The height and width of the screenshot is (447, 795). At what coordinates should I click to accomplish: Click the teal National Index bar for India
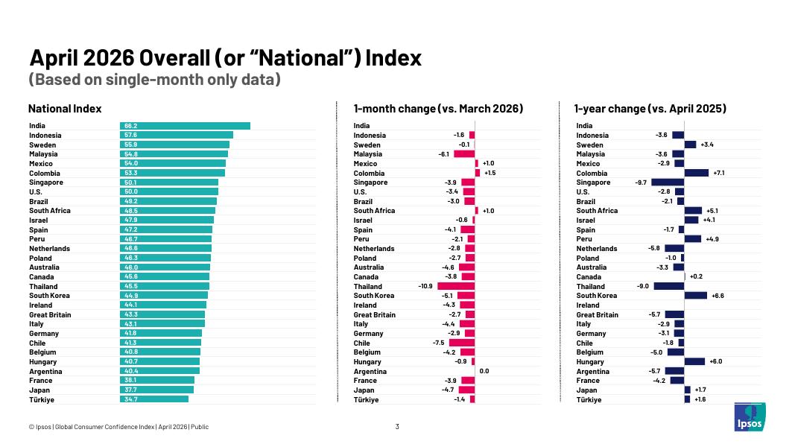pyautogui.click(x=185, y=126)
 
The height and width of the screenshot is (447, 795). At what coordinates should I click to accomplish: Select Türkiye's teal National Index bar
pyautogui.click(x=154, y=399)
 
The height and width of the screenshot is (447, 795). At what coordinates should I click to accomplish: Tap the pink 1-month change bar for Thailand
pyautogui.click(x=456, y=286)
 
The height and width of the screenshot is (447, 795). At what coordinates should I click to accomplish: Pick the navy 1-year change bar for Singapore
pyautogui.click(x=668, y=183)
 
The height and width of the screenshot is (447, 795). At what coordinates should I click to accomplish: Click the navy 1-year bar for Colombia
pyautogui.click(x=697, y=173)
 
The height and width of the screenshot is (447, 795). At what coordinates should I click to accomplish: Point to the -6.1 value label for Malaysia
pyautogui.click(x=443, y=154)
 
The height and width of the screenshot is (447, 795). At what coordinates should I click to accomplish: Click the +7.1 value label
pyautogui.click(x=719, y=173)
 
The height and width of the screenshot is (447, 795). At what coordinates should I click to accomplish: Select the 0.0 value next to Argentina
pyautogui.click(x=484, y=371)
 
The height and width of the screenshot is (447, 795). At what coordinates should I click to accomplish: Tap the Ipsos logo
pyautogui.click(x=750, y=417)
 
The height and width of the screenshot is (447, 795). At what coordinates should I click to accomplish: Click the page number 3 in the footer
pyautogui.click(x=397, y=427)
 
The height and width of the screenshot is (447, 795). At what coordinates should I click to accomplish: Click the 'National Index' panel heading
pyautogui.click(x=65, y=109)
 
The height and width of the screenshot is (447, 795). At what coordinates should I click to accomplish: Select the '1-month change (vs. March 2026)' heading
pyautogui.click(x=438, y=109)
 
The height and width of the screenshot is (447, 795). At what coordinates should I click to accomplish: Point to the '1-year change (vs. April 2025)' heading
pyautogui.click(x=650, y=109)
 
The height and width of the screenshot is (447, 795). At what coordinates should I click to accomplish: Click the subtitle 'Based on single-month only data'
pyautogui.click(x=155, y=80)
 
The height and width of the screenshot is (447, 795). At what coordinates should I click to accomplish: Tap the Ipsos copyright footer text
pyautogui.click(x=118, y=427)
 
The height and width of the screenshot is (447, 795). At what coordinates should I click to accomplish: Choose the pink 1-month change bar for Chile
pyautogui.click(x=462, y=343)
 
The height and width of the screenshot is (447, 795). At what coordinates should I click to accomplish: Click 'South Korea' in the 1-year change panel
pyautogui.click(x=596, y=296)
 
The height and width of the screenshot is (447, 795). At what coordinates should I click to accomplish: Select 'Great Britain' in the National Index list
pyautogui.click(x=50, y=314)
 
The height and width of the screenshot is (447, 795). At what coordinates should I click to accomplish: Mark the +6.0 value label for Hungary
pyautogui.click(x=716, y=361)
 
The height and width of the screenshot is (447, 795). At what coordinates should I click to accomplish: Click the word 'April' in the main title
pyautogui.click(x=54, y=58)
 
